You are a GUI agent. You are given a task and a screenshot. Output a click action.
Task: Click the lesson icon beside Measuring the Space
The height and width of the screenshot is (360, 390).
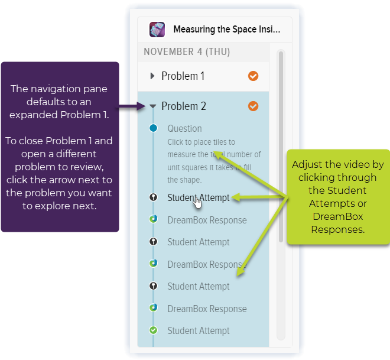(x=157, y=30)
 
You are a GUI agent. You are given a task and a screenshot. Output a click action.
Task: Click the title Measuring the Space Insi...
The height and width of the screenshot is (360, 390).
(x=226, y=30)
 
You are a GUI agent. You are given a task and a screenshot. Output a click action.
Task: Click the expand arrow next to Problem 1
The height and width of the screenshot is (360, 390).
(x=152, y=76)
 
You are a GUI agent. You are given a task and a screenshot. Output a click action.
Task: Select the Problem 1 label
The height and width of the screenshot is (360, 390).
(x=183, y=76)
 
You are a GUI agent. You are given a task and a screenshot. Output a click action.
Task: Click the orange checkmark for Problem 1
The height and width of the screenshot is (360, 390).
(x=253, y=76)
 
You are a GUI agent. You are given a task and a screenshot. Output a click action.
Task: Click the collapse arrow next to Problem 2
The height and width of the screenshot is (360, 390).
(x=152, y=106)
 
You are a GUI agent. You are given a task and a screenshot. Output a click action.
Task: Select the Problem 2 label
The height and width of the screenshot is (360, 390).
(x=184, y=106)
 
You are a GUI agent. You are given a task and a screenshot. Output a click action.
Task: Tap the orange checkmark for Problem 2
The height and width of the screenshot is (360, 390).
(x=253, y=106)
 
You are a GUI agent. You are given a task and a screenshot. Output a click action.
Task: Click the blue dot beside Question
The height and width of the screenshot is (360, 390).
(x=153, y=128)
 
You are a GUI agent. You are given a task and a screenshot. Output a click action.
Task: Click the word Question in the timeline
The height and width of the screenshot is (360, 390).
(x=184, y=128)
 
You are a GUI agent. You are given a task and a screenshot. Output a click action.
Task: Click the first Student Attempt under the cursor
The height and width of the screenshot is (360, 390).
(x=199, y=198)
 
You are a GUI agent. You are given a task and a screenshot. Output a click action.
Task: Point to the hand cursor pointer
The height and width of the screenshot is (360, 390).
(x=197, y=203)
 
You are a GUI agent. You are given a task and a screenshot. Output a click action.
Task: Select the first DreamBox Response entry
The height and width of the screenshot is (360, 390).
(x=206, y=220)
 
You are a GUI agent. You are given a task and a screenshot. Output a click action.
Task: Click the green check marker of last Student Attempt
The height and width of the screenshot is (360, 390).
(x=153, y=330)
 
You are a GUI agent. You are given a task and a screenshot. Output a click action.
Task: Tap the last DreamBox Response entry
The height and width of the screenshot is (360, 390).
(x=206, y=309)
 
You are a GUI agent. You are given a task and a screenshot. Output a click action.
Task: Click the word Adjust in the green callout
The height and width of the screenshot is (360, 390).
(x=307, y=164)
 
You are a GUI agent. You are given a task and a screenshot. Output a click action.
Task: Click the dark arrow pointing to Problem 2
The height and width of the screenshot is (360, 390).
(x=132, y=107)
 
